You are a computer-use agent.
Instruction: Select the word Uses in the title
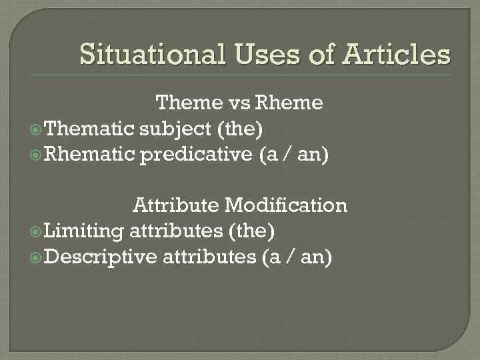tap(265, 54)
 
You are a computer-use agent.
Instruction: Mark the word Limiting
tap(83, 231)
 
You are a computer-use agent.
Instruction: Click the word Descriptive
tap(101, 257)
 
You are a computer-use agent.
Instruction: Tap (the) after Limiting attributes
tap(251, 231)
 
